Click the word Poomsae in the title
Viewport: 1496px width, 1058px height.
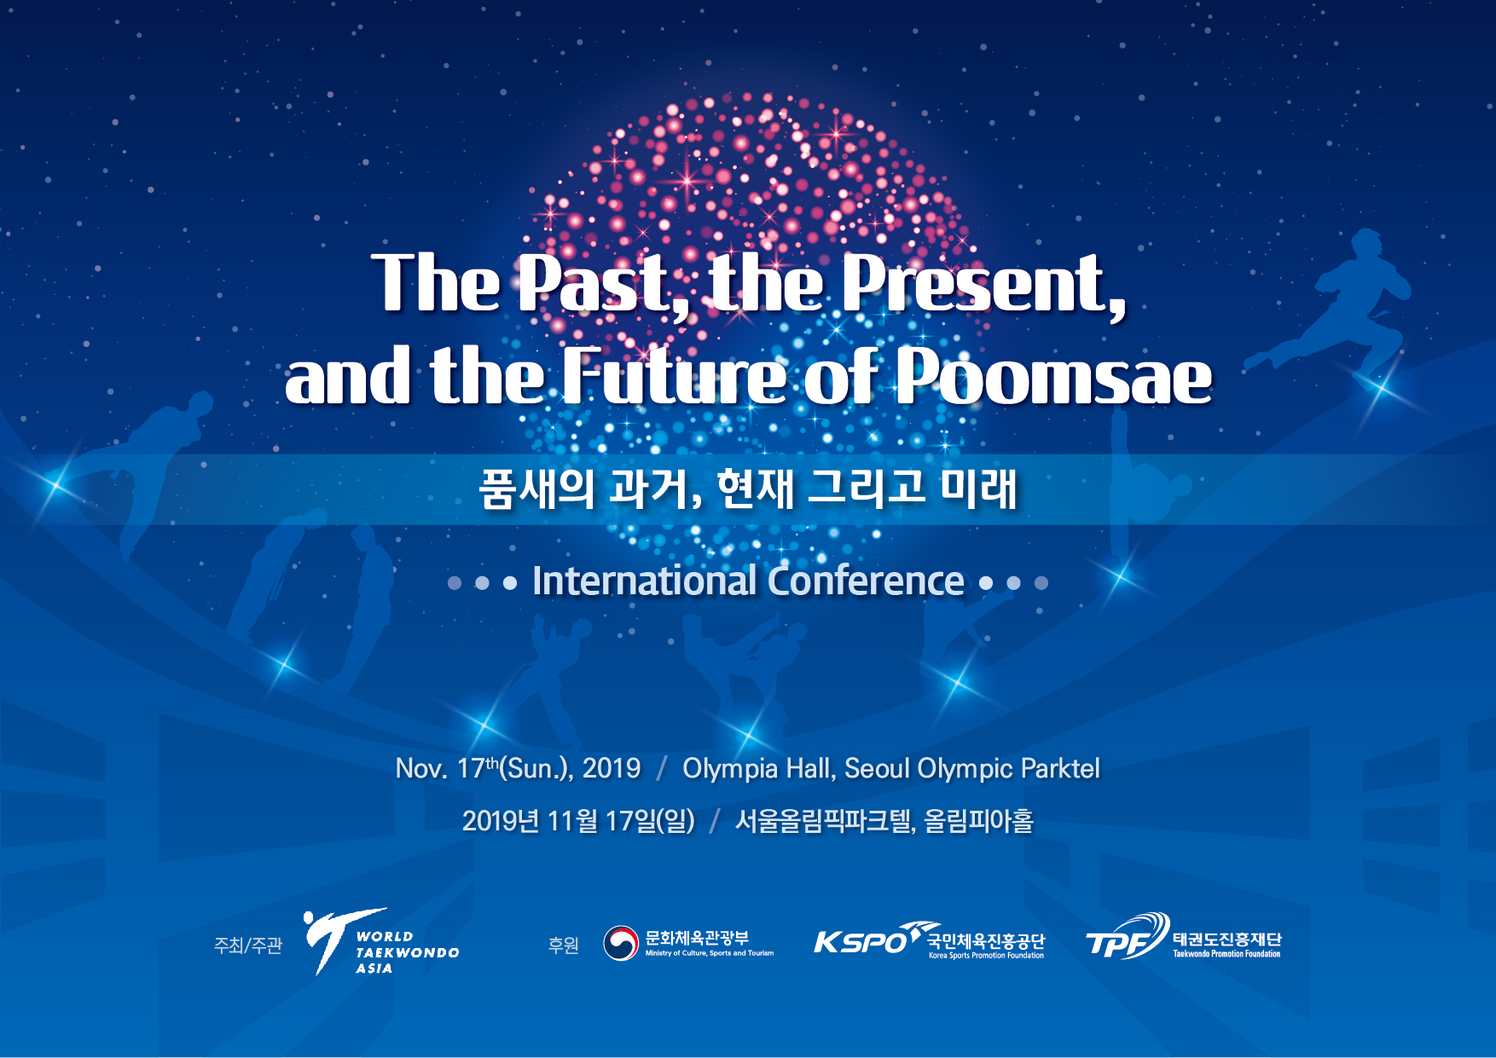click(x=1053, y=376)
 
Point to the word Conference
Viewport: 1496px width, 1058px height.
click(x=866, y=581)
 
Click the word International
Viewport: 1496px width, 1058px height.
click(x=645, y=581)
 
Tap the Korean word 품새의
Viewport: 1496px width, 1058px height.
click(x=536, y=489)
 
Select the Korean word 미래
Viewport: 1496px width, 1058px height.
click(x=978, y=489)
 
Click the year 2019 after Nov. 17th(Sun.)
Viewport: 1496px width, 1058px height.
click(x=612, y=768)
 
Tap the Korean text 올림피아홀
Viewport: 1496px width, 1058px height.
click(x=978, y=821)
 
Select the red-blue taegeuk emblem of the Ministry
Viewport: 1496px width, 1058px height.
click(x=621, y=943)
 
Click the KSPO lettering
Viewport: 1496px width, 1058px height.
click(x=860, y=942)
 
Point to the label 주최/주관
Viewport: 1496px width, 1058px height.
click(x=248, y=945)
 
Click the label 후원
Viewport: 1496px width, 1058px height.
click(x=564, y=945)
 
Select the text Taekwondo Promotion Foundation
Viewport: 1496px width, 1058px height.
click(x=1226, y=954)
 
